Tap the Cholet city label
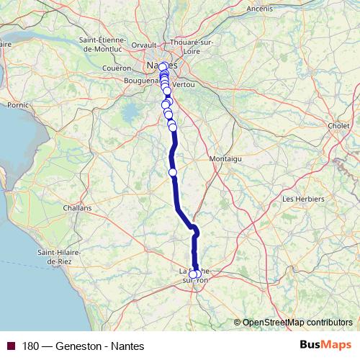339,125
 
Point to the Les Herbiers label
303,198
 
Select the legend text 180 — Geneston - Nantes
83,346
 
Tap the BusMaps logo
325,346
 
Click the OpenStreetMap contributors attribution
297,322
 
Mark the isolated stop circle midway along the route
173,172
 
